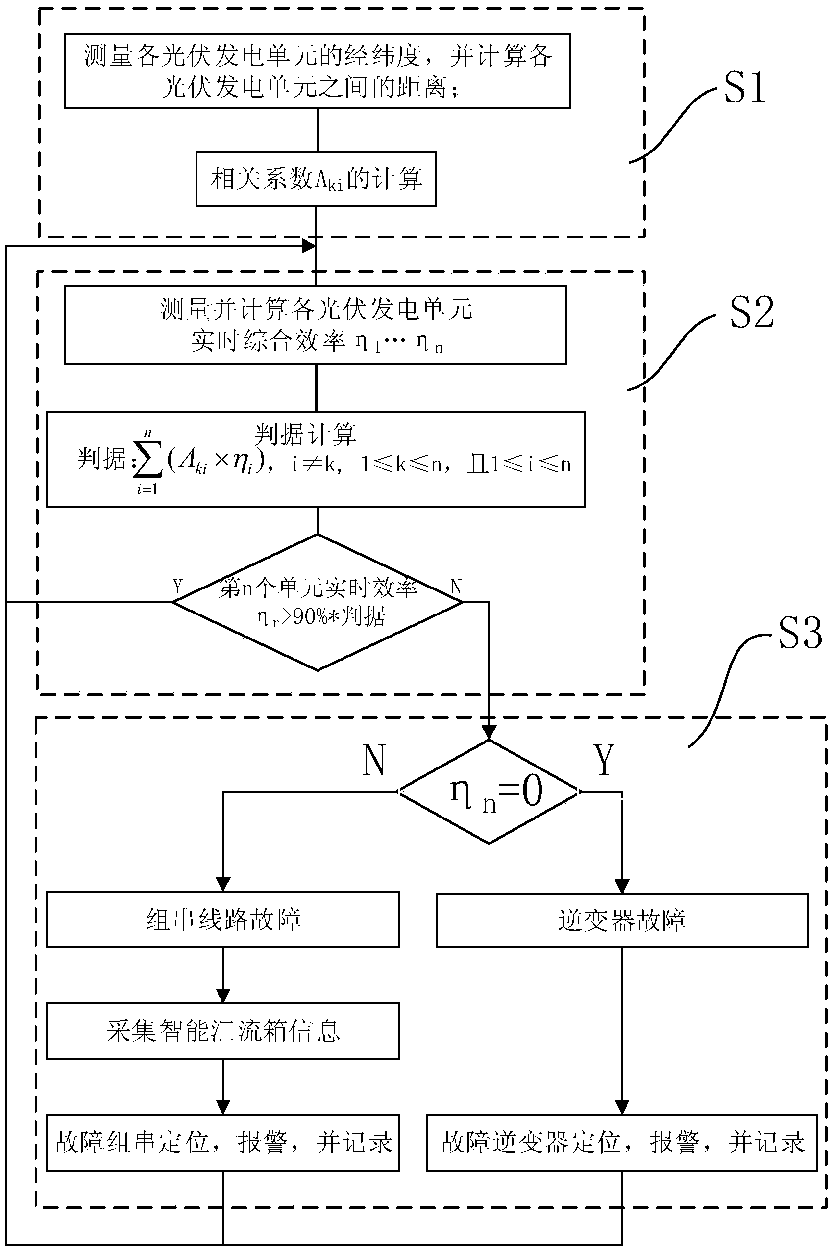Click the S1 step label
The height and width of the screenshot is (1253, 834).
coord(745,88)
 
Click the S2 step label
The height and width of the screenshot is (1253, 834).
coord(751,313)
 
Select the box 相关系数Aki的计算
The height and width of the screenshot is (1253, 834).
coord(316,179)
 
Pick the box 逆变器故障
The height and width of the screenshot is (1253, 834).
coord(622,921)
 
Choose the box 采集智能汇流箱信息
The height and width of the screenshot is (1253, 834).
coord(223,1031)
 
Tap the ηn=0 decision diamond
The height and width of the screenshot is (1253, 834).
coord(489,792)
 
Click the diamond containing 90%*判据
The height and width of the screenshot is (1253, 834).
coord(318,602)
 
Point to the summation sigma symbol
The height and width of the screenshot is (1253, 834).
coord(147,462)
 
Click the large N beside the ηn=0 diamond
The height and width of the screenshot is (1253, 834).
coord(374,760)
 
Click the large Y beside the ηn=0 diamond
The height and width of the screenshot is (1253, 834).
coord(604,760)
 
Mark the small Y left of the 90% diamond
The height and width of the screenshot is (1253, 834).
coord(178,587)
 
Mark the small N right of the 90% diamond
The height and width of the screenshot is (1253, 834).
coord(456,587)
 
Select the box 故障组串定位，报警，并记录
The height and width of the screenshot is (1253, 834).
coord(223,1142)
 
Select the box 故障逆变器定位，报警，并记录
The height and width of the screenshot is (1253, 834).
coord(622,1142)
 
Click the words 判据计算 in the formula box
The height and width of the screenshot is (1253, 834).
coord(305,435)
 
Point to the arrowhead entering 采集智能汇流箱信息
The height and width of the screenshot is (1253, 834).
coord(223,996)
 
